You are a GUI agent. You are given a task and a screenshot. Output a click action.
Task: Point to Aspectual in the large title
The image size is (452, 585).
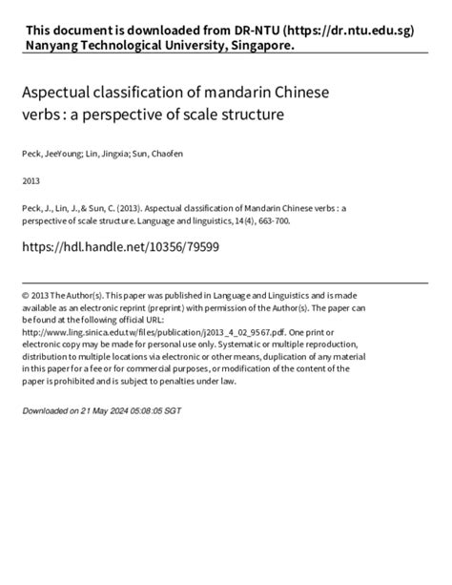point(62,95)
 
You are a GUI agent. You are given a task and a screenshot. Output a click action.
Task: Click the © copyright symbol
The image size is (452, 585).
point(27,296)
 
